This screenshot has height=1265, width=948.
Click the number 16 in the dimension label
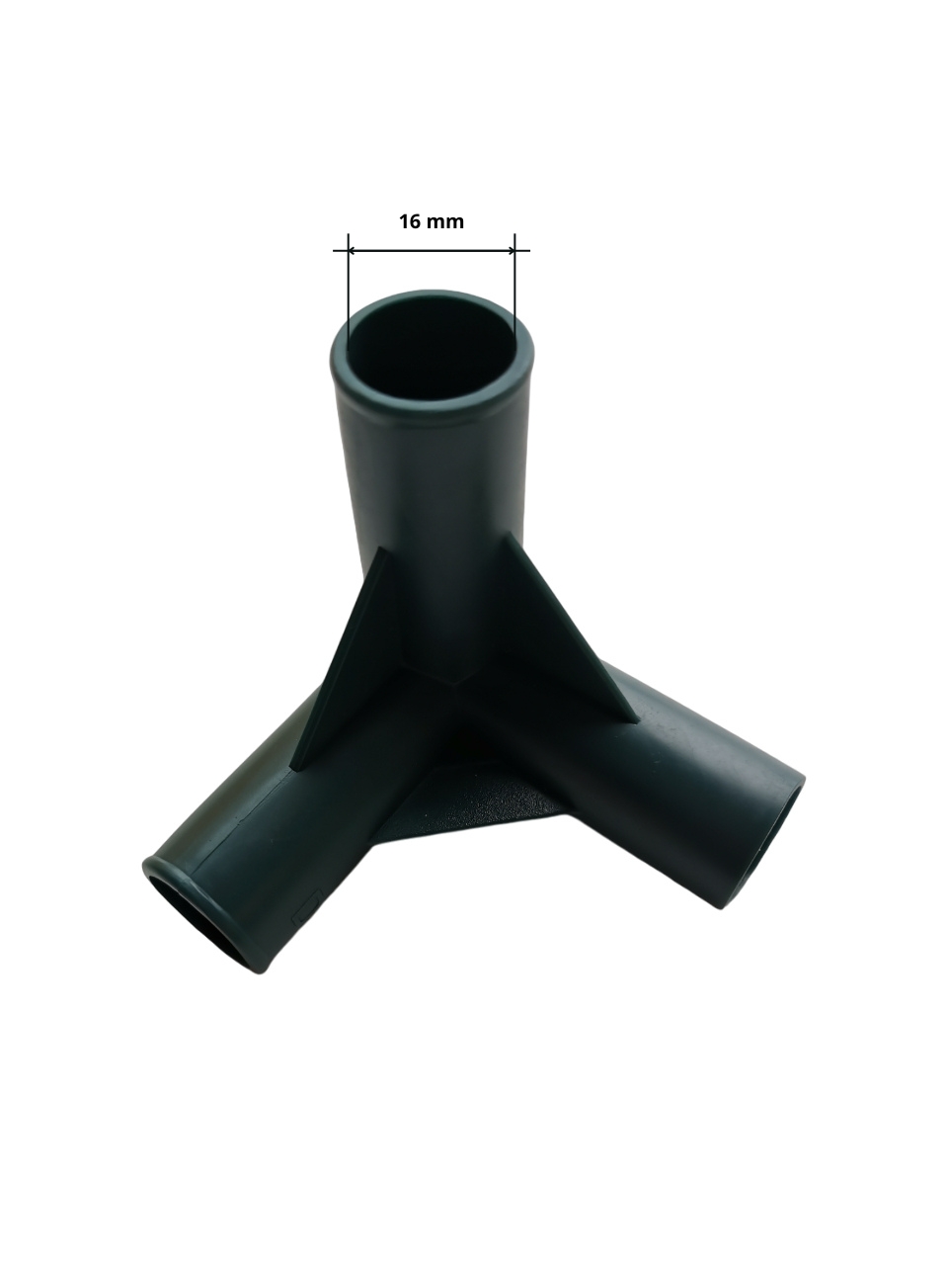point(412,221)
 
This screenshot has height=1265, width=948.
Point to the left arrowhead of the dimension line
point(353,250)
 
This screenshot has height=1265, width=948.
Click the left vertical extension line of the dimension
point(349,292)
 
